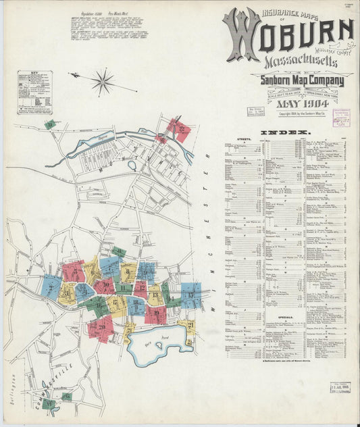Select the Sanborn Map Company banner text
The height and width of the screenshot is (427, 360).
coord(302,82)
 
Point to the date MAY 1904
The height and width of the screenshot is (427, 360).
coord(303,105)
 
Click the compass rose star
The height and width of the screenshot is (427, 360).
coord(103,82)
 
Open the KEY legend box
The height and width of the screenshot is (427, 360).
coord(35,93)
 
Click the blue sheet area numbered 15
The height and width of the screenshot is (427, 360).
coord(191,295)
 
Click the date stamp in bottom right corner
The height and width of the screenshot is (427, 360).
coord(340,387)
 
